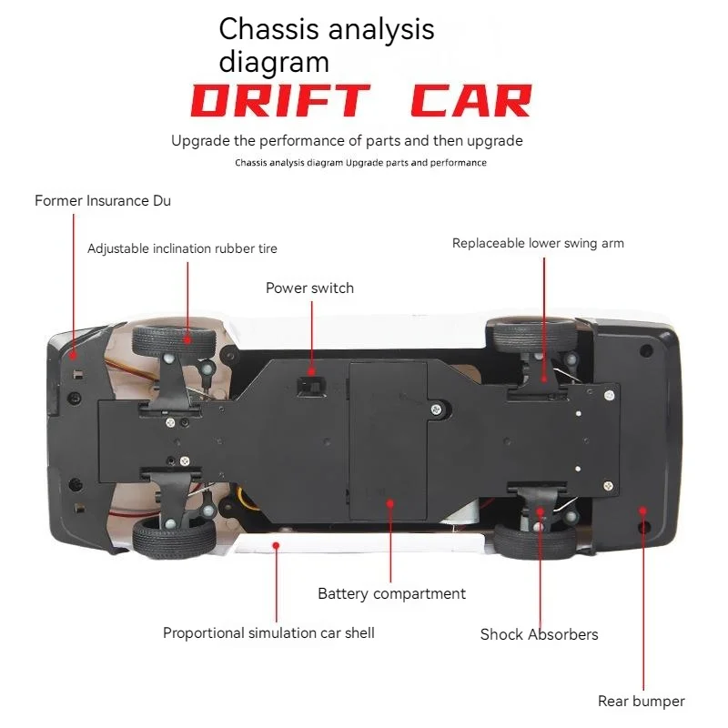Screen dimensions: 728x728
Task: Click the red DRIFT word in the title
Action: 280,101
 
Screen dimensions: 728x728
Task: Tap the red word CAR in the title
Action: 471,101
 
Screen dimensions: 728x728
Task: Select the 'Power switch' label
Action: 309,288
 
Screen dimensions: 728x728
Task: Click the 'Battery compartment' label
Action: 391,594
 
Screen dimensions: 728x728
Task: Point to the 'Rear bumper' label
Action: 642,701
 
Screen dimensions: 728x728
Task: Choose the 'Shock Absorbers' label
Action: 539,634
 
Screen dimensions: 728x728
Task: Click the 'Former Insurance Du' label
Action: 103,200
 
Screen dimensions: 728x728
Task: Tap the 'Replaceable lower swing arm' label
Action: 538,243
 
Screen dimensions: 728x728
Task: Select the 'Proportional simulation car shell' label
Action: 268,633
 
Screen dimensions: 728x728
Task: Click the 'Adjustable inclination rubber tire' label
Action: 182,248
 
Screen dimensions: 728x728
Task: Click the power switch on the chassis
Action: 311,386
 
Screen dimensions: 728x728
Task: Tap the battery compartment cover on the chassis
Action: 388,441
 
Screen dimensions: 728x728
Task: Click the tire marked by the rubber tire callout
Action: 174,340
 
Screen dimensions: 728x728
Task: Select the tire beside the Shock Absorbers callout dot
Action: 534,541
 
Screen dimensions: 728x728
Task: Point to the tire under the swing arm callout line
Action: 534,335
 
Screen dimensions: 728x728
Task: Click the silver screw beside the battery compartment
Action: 436,409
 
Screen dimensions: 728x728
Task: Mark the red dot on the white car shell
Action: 276,545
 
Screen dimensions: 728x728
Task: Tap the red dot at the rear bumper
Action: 642,511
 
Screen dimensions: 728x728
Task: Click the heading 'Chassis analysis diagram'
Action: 327,45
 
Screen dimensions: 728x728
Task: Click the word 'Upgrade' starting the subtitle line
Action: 200,141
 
